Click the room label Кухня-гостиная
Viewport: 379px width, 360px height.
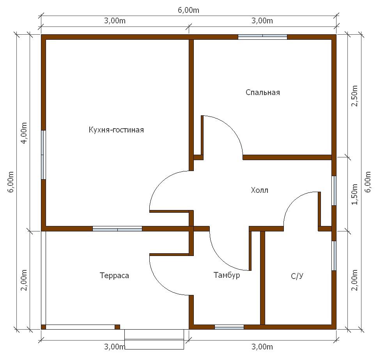116,130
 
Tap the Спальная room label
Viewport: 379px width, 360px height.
263,92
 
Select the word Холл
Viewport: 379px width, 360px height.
260,190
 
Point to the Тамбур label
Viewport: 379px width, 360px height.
227,275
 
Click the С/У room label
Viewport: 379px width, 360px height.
297,276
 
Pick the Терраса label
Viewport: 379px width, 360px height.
114,275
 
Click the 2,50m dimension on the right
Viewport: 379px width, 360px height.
354,96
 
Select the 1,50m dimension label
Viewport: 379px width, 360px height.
354,194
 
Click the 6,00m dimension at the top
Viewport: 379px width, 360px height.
189,10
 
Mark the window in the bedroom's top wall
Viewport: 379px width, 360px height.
262,37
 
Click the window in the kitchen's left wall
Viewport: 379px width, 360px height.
43,155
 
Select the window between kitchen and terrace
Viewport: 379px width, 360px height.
117,229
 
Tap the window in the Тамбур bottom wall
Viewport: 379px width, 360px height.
229,327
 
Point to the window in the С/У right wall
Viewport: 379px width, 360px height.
334,256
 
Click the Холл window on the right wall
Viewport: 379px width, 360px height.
334,191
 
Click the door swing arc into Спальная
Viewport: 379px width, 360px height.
230,127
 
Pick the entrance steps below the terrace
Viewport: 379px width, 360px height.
154,339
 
